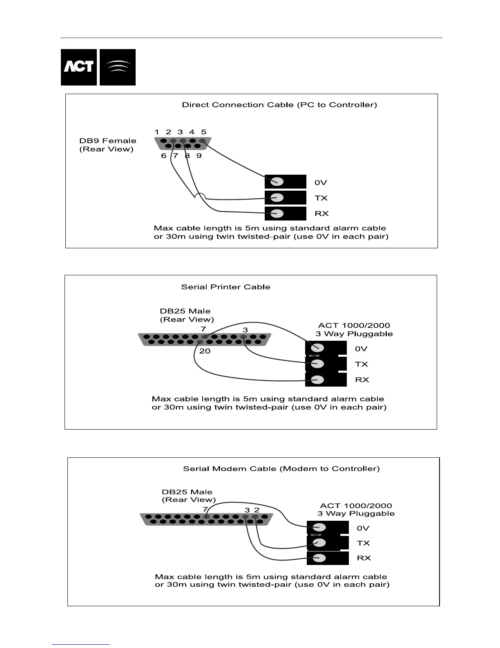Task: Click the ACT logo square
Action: tap(79, 67)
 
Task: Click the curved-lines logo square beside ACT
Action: tap(118, 67)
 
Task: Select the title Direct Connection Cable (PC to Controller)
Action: tap(279, 105)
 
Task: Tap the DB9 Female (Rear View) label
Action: tap(107, 145)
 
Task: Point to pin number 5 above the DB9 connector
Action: tap(203, 132)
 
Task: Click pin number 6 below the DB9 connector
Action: tap(164, 155)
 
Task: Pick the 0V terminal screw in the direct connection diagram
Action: tap(277, 182)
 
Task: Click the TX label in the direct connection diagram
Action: tap(321, 198)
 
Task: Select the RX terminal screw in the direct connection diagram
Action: tap(277, 213)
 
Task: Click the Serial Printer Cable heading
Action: tap(225, 287)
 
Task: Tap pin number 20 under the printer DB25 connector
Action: tap(205, 351)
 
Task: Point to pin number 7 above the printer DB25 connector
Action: tap(203, 329)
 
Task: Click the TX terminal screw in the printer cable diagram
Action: tap(317, 364)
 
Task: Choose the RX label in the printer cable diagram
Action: tap(362, 380)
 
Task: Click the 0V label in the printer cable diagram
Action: tap(361, 349)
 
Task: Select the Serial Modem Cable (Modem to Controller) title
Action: tap(281, 468)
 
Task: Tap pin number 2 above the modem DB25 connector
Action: tap(257, 510)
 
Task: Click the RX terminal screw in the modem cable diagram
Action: tap(319, 558)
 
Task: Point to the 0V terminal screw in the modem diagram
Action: tap(319, 528)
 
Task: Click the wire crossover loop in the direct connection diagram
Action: tap(200, 196)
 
